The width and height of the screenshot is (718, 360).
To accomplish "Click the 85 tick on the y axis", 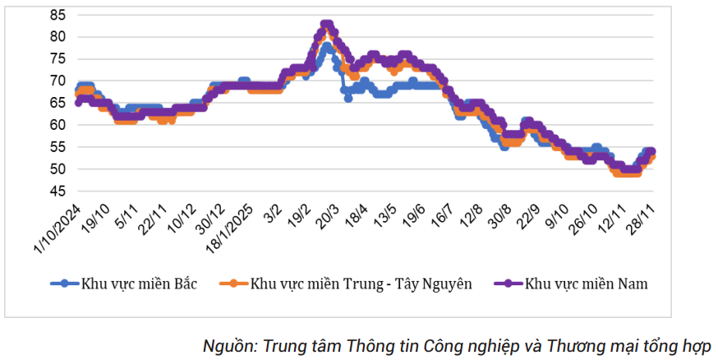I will (58, 15).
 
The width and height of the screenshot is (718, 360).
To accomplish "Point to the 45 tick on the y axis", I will (58, 192).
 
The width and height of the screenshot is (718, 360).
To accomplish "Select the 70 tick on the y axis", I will (58, 81).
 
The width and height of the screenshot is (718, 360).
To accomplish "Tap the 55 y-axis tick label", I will (58, 147).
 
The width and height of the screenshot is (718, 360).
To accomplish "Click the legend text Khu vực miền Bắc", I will (139, 284).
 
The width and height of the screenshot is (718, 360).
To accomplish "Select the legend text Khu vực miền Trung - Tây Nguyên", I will (361, 284).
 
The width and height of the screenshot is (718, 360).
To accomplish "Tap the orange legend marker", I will (233, 284).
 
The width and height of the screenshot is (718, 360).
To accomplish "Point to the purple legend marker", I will (509, 284).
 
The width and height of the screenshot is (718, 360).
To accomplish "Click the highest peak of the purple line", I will (326, 24).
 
